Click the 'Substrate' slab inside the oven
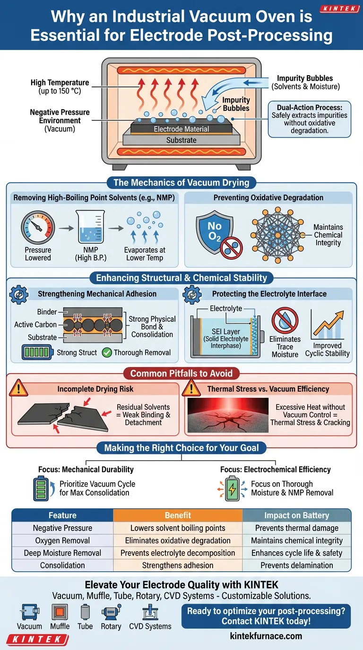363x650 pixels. point(181,140)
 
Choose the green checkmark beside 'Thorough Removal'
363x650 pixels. point(107,352)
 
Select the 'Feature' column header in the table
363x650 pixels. point(62,515)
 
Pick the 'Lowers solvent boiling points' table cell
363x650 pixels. point(178,528)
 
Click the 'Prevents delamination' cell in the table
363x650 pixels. point(296,565)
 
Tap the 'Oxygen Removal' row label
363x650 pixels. point(62,540)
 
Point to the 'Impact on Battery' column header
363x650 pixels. point(296,515)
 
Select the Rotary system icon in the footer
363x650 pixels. point(111,612)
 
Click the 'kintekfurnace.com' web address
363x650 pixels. point(266,635)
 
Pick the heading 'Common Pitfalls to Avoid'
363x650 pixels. point(181,374)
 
